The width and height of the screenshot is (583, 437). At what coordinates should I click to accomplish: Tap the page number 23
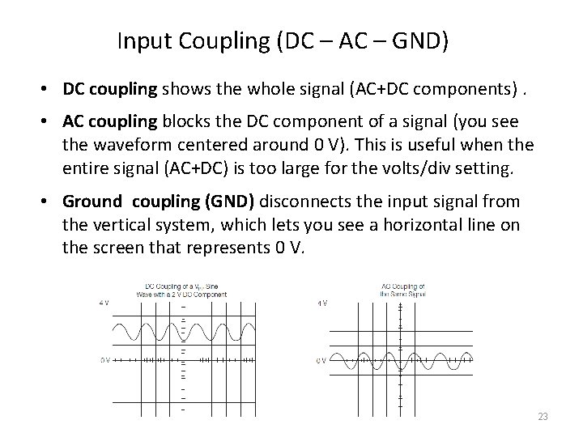(543, 417)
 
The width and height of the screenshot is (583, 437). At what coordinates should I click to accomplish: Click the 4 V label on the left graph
(104, 303)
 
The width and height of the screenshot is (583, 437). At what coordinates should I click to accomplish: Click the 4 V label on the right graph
(321, 303)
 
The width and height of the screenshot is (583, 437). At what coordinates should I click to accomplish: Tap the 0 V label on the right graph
(321, 360)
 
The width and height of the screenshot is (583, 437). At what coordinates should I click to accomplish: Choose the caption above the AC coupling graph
(402, 291)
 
